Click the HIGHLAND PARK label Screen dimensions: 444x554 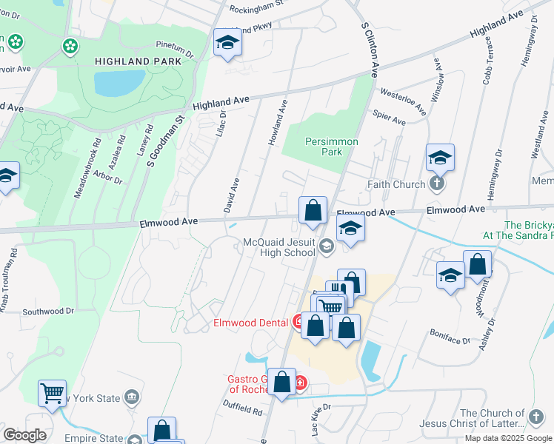[x=137, y=61]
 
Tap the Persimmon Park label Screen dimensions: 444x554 [x=332, y=147]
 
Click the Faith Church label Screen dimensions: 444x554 [x=396, y=184]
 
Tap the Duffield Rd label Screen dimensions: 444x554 [x=242, y=409]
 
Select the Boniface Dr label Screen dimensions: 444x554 [x=450, y=336]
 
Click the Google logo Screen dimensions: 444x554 [x=24, y=435]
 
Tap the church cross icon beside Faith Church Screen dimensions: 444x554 [x=437, y=184]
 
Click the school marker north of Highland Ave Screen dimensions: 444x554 [x=227, y=43]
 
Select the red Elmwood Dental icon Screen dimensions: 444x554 [x=298, y=322]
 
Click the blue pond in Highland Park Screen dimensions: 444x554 [x=119, y=83]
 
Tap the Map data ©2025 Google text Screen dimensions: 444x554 [x=508, y=438]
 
